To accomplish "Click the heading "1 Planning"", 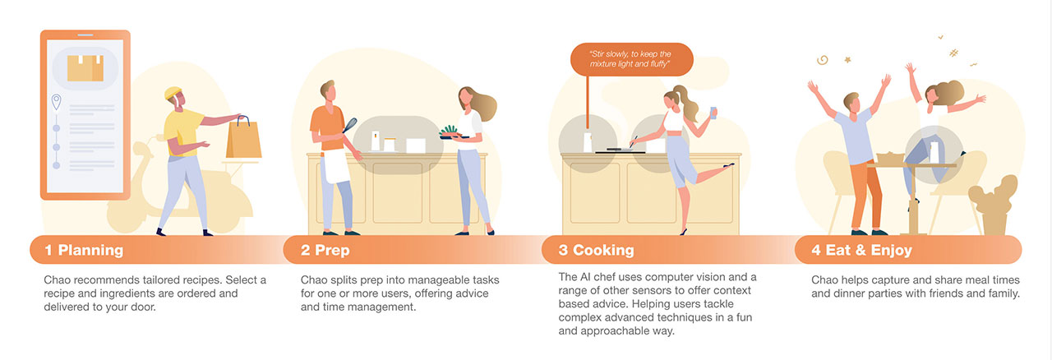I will [84, 250].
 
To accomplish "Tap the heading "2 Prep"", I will [325, 250].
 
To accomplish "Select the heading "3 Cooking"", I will [596, 250].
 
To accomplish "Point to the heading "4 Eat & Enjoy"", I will [861, 250].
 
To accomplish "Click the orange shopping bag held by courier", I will [244, 139].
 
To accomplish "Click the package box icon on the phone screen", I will [85, 68].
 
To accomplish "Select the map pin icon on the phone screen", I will [57, 103].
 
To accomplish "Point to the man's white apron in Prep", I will [335, 168].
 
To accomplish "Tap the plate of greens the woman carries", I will [453, 132].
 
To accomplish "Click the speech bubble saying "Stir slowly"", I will [631, 58].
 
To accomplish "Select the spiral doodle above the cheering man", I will [821, 60].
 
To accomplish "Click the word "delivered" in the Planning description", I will [72, 307].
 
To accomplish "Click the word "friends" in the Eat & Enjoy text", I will [934, 293].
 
